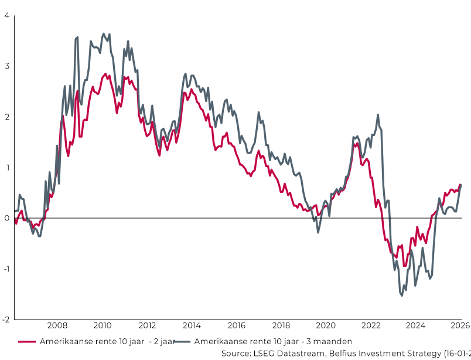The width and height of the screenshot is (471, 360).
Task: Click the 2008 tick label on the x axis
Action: tap(57, 325)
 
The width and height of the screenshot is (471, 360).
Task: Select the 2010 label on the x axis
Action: tap(102, 325)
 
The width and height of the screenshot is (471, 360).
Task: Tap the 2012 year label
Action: tap(146, 325)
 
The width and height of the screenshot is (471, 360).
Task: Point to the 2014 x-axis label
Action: tap(192, 325)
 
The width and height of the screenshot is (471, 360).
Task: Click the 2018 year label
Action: tap(281, 325)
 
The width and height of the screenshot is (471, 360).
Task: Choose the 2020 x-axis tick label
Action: tap(326, 325)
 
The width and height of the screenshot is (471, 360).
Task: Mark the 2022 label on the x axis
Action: tap(371, 325)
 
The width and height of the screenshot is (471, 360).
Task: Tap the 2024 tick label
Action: tap(415, 325)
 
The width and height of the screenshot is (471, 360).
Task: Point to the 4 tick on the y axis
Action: tap(6, 15)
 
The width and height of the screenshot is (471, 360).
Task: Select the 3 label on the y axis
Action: tap(6, 66)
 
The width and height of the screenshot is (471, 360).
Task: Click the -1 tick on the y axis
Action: tap(5, 269)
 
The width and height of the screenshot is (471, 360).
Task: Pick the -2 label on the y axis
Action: tap(5, 320)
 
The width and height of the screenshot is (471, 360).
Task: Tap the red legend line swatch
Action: tap(27, 341)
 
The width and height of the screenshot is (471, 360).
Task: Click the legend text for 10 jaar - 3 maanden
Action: tap(272, 341)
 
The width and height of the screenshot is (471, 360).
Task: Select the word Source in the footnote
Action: tap(237, 353)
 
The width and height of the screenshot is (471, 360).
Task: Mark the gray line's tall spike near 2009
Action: tap(77, 38)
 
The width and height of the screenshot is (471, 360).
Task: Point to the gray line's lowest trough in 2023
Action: tap(402, 296)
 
